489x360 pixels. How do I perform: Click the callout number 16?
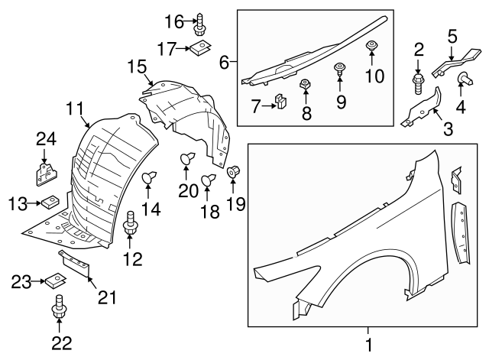click(x=174, y=21)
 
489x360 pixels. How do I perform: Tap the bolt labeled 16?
click(x=200, y=24)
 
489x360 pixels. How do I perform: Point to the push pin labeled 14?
click(x=150, y=179)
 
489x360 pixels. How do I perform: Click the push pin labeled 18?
click(x=207, y=180)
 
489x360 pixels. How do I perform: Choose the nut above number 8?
click(x=304, y=84)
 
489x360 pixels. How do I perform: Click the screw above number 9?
click(x=339, y=70)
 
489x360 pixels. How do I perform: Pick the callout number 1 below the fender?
click(x=370, y=345)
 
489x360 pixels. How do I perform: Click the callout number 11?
click(x=73, y=109)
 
